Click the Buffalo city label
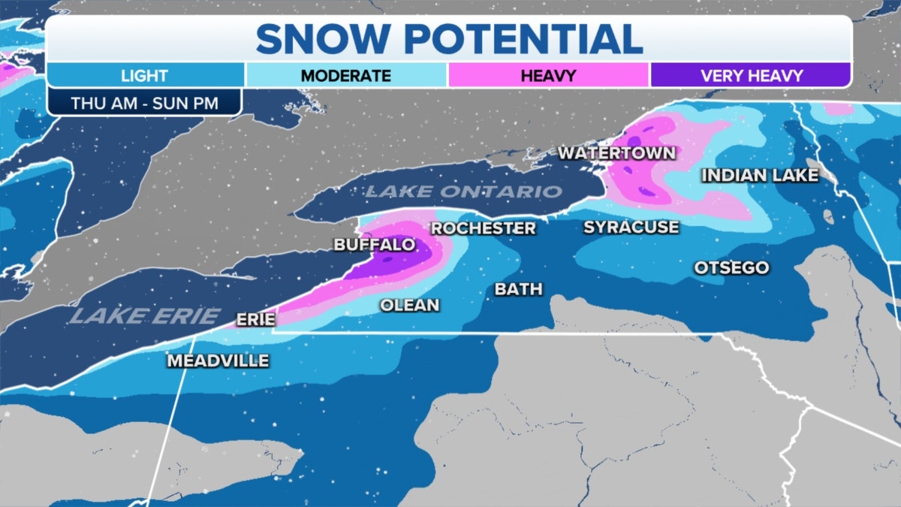(374, 245)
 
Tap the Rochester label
(484, 228)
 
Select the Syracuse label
(631, 227)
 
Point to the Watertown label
(616, 153)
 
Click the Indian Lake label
(759, 175)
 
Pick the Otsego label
(731, 268)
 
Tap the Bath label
(518, 289)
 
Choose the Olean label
(409, 305)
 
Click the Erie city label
(255, 319)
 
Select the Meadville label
(218, 361)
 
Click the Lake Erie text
(145, 316)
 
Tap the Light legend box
(144, 76)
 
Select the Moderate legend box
(346, 76)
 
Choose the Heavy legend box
(548, 76)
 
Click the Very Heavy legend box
(751, 76)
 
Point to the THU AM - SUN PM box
(143, 103)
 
